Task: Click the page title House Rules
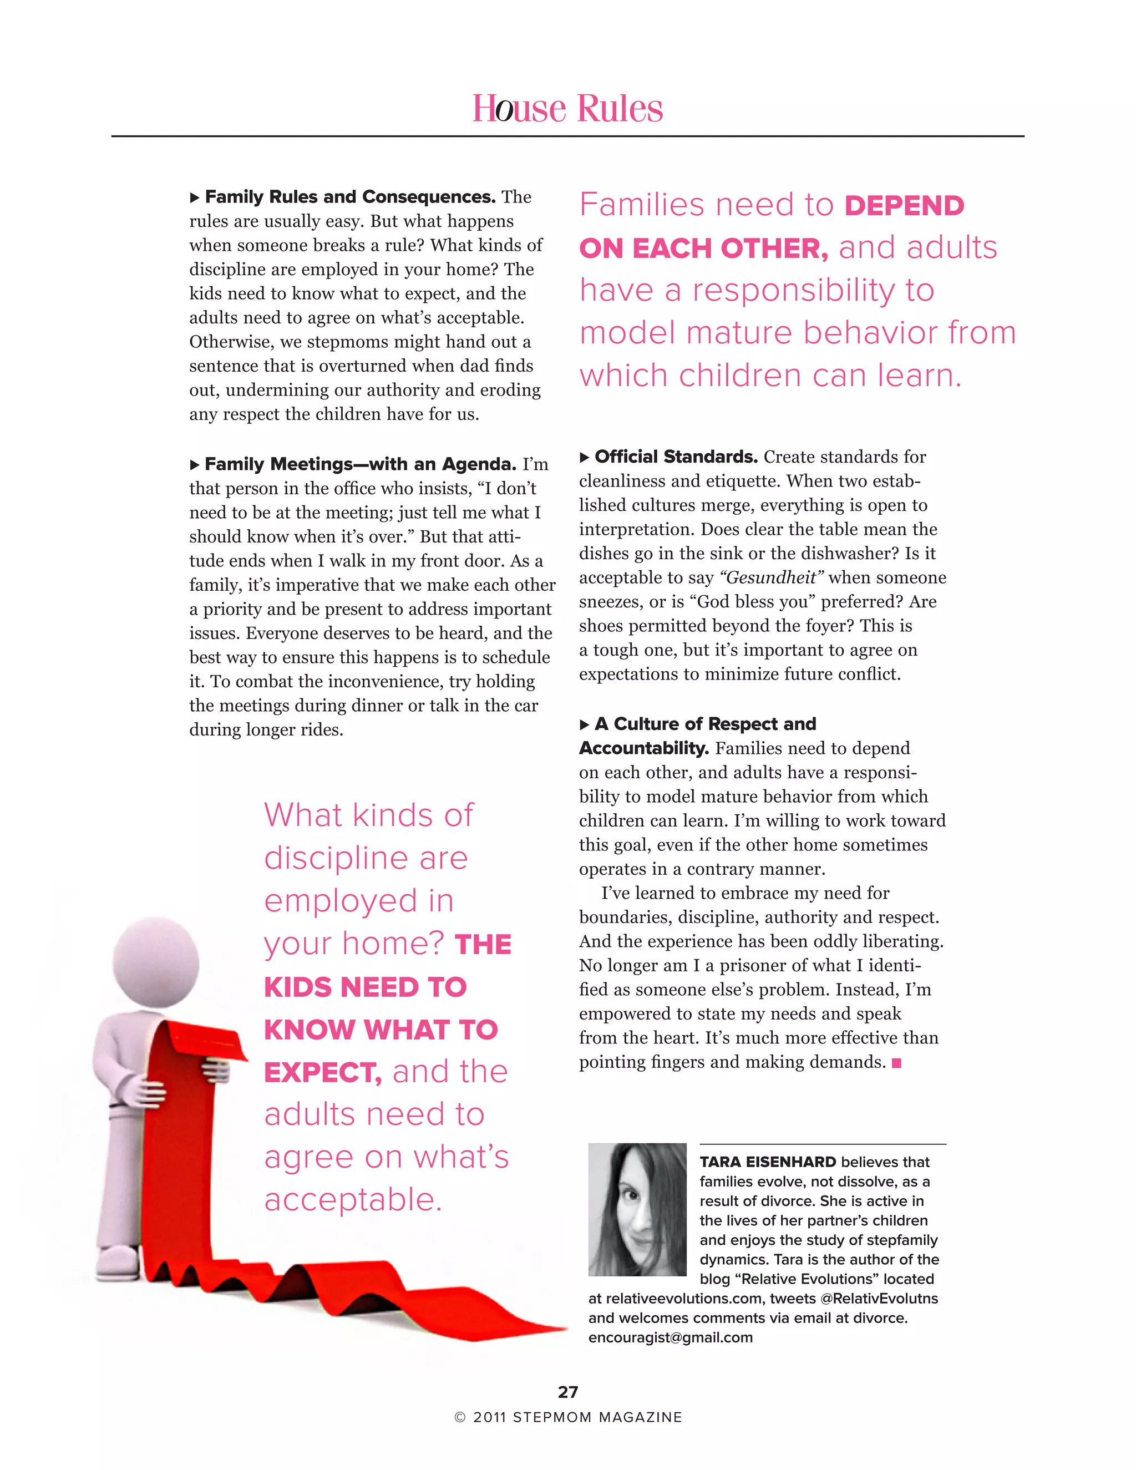pos(567,108)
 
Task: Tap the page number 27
pos(567,1391)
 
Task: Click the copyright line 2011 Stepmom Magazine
pos(567,1417)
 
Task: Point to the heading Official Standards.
pos(676,457)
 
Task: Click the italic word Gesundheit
pos(771,577)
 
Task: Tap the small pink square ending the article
pos(896,1063)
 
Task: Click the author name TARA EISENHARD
pos(767,1162)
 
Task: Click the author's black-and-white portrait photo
pos(637,1209)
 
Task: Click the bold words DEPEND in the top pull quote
pos(904,206)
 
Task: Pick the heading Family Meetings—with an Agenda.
pos(360,464)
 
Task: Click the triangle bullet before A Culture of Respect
pos(584,725)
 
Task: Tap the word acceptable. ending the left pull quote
pos(353,1199)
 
